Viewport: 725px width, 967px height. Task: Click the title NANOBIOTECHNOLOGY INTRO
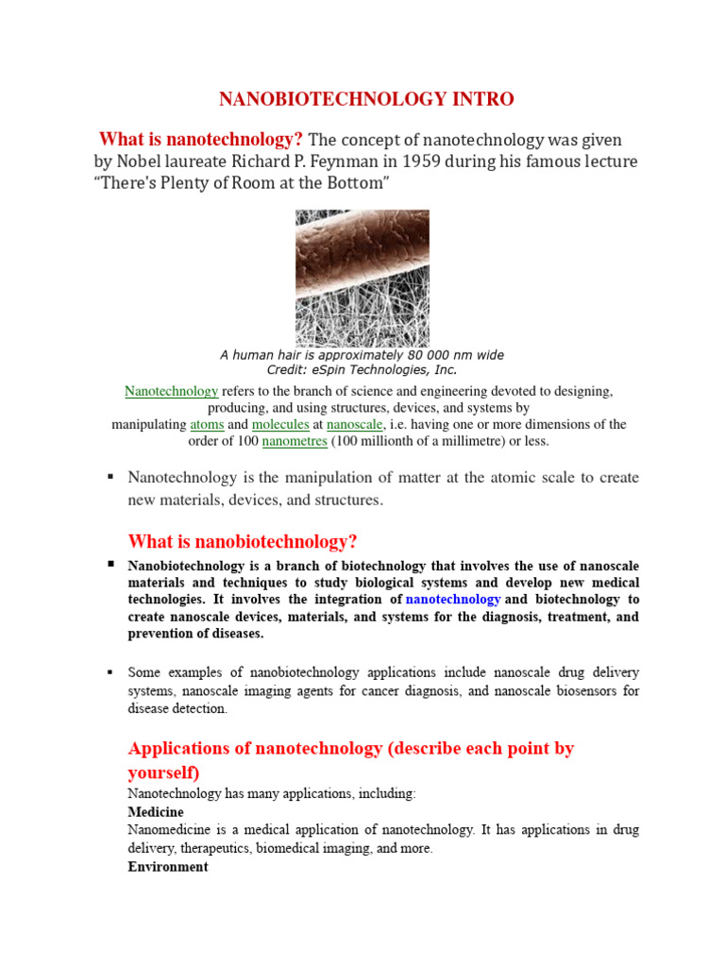click(x=366, y=99)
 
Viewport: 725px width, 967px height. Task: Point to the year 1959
click(x=439, y=161)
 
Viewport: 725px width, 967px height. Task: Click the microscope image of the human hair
click(x=362, y=278)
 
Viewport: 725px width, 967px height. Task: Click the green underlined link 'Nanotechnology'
click(x=172, y=391)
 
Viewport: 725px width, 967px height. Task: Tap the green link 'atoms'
click(x=207, y=425)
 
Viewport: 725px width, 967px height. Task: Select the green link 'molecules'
click(x=280, y=425)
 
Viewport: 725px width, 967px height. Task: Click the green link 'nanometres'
click(x=295, y=441)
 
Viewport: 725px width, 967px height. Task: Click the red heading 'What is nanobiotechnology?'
click(x=243, y=541)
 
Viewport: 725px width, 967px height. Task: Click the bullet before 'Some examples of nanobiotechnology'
click(x=110, y=671)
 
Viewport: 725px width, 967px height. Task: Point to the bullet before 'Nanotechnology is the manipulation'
click(x=110, y=477)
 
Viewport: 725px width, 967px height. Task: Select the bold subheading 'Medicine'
click(x=156, y=812)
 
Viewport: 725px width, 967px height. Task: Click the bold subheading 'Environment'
click(x=168, y=866)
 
